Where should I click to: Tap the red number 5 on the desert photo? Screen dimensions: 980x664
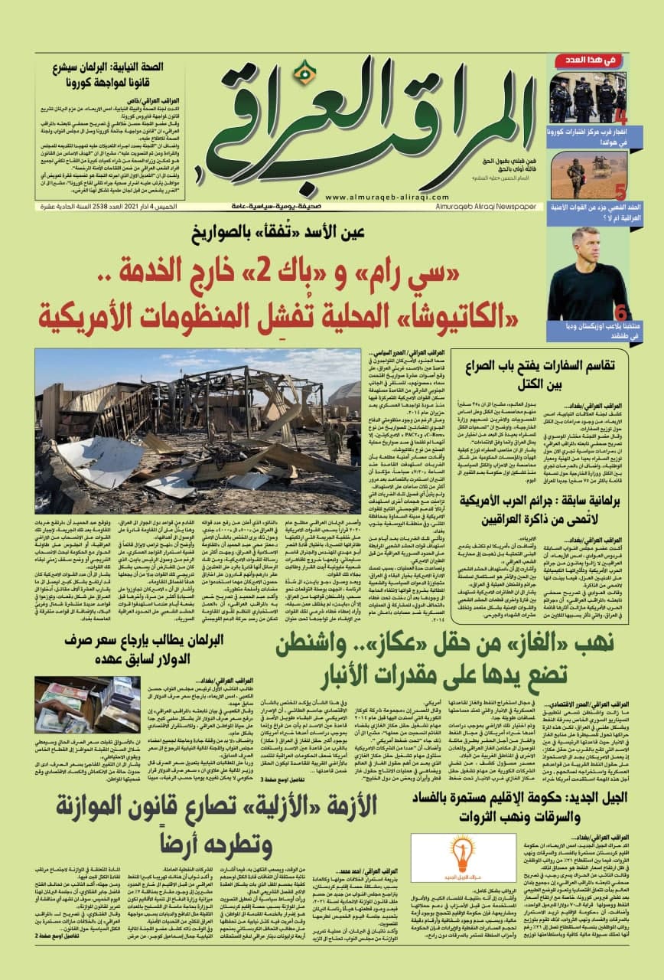621,191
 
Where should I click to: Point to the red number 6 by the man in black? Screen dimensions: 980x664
620,312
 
